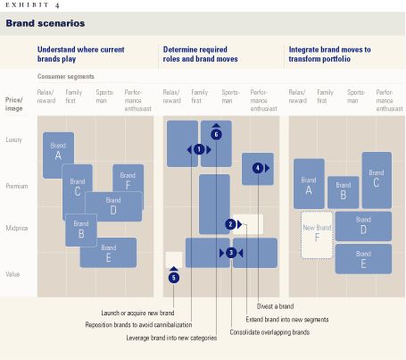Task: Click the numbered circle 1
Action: [199, 149]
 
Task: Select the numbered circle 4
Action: [258, 167]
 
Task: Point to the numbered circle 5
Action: [174, 278]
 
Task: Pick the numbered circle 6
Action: [216, 134]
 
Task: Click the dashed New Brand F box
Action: [316, 234]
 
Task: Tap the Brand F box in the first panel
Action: [128, 180]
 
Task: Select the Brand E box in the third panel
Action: [363, 259]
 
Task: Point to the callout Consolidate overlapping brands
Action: [269, 331]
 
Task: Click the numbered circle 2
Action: [229, 224]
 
